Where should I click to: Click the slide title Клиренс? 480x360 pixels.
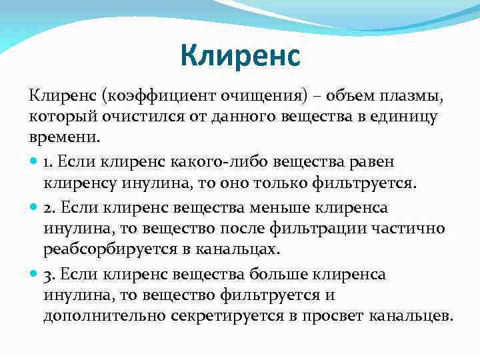[240, 56]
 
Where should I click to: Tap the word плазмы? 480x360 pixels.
[414, 97]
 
